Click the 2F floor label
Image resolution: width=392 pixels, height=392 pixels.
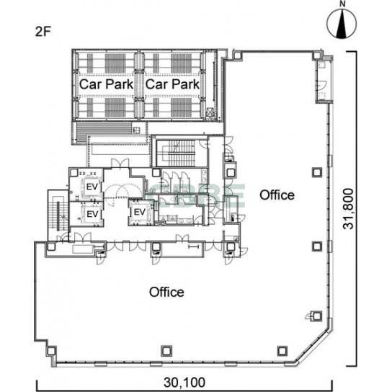[43, 32]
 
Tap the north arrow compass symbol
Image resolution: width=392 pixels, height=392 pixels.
[342, 24]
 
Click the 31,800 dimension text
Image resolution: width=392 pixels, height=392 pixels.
[348, 209]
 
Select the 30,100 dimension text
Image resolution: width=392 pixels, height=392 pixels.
[184, 382]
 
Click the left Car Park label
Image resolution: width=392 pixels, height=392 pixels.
[106, 84]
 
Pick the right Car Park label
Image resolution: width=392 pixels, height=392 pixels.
[172, 84]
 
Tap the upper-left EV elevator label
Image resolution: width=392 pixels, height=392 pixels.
[92, 187]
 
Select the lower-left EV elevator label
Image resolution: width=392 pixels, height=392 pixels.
[92, 214]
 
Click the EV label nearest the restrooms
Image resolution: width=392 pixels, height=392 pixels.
[140, 213]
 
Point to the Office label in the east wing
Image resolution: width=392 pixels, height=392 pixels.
[277, 195]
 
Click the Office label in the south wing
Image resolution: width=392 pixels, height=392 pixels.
[166, 292]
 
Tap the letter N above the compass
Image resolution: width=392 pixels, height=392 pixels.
[342, 4]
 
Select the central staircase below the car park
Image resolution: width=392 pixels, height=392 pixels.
[179, 153]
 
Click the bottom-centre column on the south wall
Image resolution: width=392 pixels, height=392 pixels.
[166, 351]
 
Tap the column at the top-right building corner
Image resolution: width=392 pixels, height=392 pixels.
[317, 55]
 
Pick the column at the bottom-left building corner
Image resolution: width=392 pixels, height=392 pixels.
[51, 351]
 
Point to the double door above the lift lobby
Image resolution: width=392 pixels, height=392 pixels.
[120, 163]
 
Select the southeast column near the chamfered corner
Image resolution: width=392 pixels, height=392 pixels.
[282, 351]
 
